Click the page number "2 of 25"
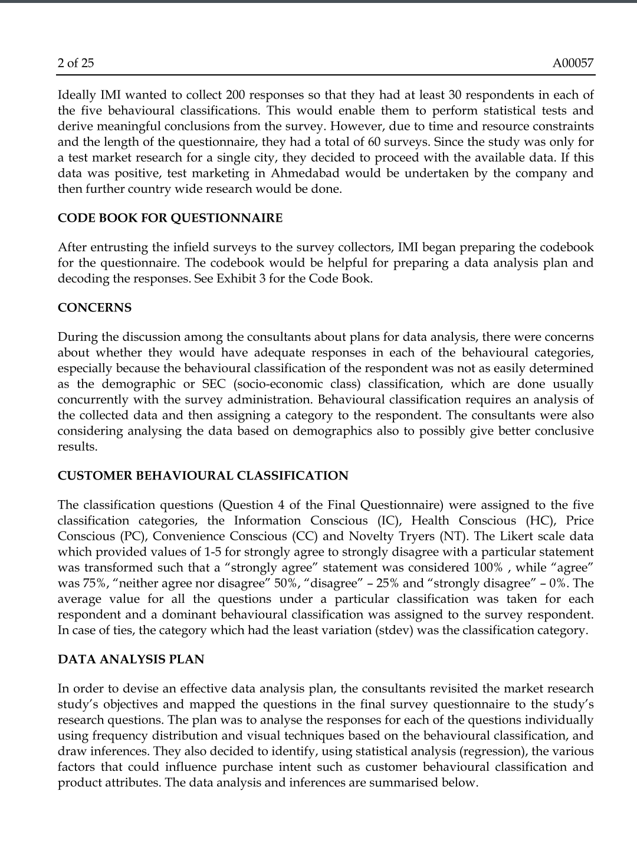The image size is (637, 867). click(75, 63)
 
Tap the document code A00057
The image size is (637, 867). click(573, 63)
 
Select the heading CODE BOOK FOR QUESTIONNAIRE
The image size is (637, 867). click(170, 218)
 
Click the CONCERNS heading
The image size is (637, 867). click(94, 308)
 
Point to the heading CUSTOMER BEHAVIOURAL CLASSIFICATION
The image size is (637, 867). click(203, 476)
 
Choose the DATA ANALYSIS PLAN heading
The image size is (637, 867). click(131, 659)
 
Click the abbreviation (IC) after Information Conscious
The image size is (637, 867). click(389, 521)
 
